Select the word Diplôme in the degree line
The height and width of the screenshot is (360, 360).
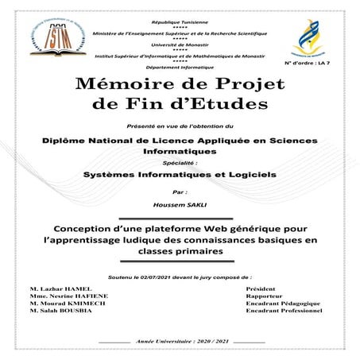point(67,140)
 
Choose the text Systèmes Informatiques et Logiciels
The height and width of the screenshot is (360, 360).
point(180,172)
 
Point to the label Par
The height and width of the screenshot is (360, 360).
point(179,192)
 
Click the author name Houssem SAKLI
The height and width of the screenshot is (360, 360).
point(180,204)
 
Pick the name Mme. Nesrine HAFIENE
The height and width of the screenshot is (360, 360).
point(67,296)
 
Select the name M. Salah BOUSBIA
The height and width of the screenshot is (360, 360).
point(62,311)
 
